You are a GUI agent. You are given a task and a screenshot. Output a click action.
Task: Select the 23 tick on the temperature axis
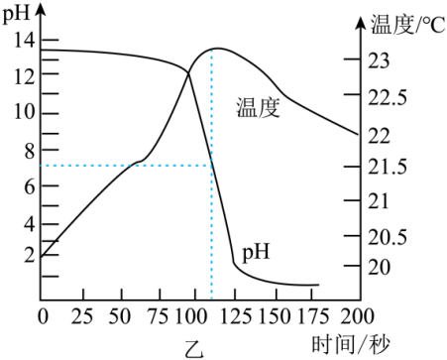378,60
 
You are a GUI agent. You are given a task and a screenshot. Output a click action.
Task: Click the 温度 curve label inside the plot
259,107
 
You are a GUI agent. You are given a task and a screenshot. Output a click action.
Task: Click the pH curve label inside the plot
256,252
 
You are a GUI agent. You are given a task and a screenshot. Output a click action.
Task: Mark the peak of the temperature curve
215,49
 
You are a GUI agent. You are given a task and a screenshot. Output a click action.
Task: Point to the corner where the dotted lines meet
211,165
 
